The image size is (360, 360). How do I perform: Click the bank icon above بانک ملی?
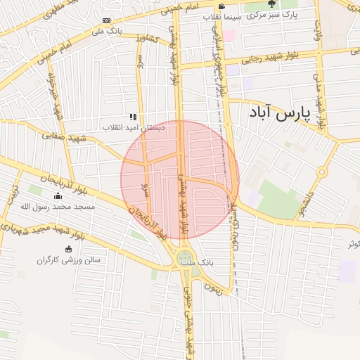pos(106,20)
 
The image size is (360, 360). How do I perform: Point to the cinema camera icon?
pos(222,6)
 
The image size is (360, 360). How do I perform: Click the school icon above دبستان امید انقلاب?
pos(132,117)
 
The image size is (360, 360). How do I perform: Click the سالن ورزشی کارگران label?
pos(69,260)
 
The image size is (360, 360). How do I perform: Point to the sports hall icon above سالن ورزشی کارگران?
pos(68,249)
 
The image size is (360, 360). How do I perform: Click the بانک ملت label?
pos(197,262)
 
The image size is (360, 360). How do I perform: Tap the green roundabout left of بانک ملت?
pos(184,259)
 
